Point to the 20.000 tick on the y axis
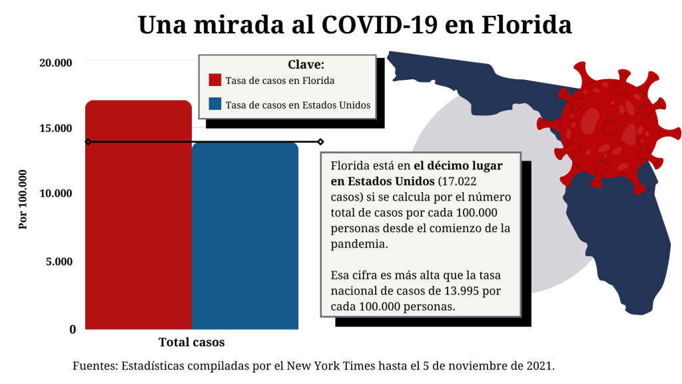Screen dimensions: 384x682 [x=55, y=63]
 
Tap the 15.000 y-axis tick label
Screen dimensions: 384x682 [x=55, y=128]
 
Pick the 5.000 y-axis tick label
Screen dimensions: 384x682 [x=59, y=261]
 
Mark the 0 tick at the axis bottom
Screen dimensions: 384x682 [x=73, y=329]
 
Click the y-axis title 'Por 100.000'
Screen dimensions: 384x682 [x=23, y=199]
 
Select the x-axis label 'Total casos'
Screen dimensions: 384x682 [x=192, y=343]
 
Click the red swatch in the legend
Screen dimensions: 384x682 [x=214, y=80]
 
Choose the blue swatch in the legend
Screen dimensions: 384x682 [x=214, y=105]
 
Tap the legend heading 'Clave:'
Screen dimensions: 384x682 [x=306, y=65]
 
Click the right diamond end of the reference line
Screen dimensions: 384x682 [x=320, y=141]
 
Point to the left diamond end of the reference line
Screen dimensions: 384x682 [x=87, y=141]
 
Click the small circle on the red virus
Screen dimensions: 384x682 [x=609, y=127]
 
